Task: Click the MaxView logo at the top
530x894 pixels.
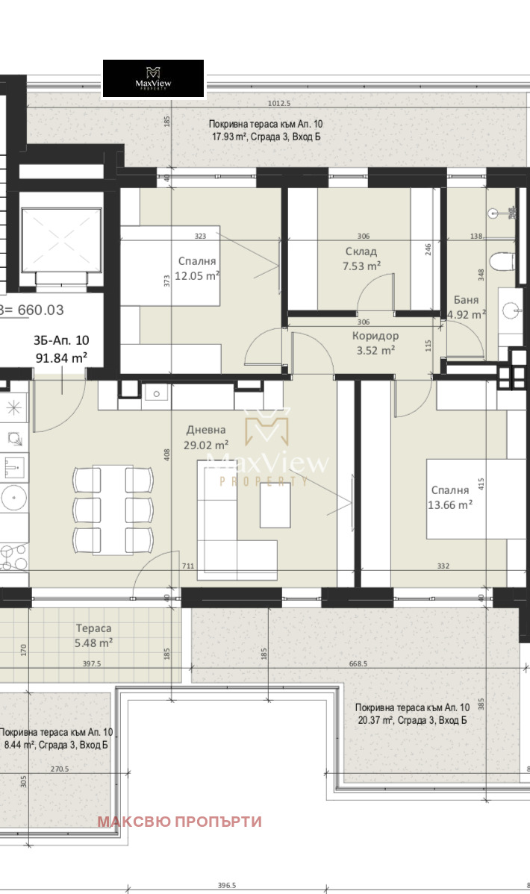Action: click(x=153, y=78)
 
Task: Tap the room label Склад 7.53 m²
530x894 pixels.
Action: click(x=361, y=258)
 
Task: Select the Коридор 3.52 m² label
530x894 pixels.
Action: click(x=375, y=343)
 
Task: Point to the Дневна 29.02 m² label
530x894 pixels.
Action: click(x=206, y=437)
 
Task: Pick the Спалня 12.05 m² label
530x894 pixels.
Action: click(x=197, y=269)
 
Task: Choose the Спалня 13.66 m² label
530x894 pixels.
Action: click(x=449, y=497)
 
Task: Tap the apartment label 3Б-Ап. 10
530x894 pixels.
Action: click(x=61, y=340)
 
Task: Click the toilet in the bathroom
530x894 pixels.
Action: click(x=505, y=263)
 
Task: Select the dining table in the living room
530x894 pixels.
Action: click(x=113, y=510)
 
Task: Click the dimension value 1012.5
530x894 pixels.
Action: click(x=279, y=103)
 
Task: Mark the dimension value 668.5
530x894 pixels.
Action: click(x=358, y=663)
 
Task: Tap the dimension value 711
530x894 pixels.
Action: click(x=187, y=566)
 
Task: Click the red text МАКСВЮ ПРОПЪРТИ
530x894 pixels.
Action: click(x=179, y=822)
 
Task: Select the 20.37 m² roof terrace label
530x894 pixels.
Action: click(x=413, y=714)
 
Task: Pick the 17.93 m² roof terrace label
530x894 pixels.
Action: click(x=265, y=130)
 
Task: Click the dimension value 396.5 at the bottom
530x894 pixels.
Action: click(x=226, y=886)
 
